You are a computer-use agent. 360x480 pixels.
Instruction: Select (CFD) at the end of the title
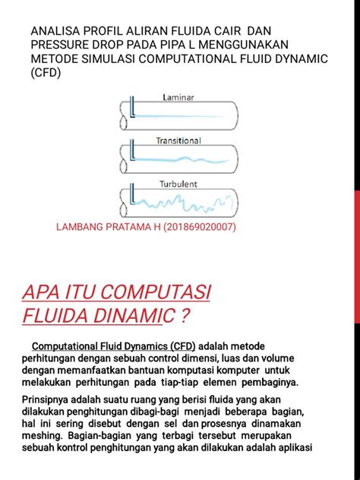click(46, 74)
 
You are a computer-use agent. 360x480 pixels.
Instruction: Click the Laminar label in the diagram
click(178, 97)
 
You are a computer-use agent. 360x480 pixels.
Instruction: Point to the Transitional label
click(178, 141)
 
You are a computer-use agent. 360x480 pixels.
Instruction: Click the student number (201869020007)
click(194, 228)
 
